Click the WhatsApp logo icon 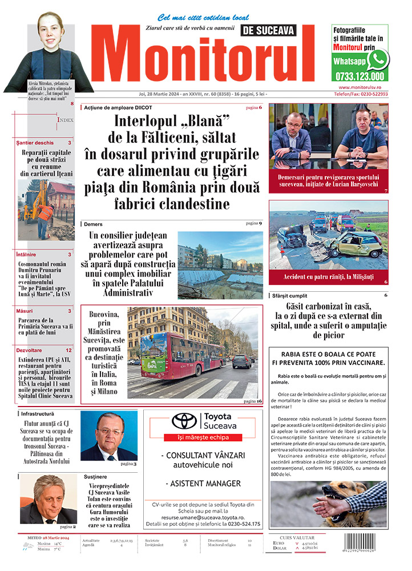pos(378,59)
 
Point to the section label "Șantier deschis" pos(36,143)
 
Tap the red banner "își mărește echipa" pos(196,437)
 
